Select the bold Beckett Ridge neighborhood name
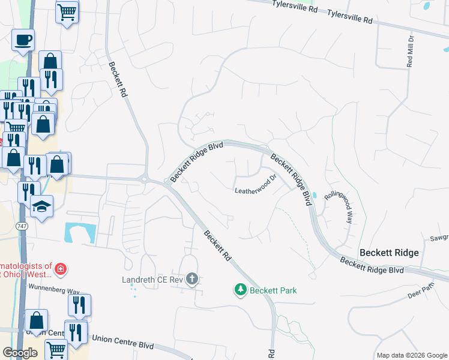[388, 253]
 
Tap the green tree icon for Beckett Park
[241, 290]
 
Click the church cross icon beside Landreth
[192, 279]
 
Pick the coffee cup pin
[23, 40]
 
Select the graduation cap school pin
[41, 206]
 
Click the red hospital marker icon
[60, 269]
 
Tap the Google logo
[20, 353]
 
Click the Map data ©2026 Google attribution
[412, 355]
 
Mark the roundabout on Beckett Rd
[144, 178]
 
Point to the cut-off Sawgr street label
[438, 238]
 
